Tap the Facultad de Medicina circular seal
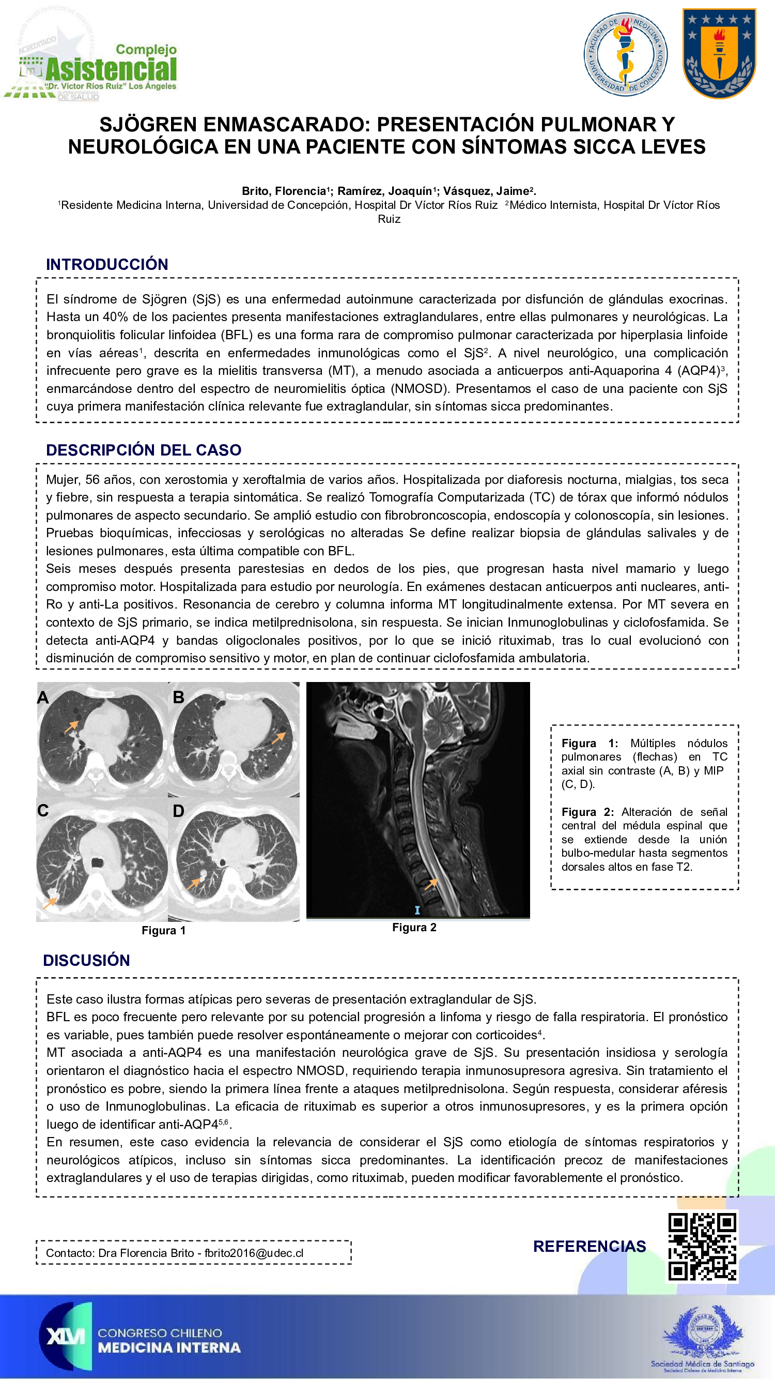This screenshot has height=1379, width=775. click(625, 55)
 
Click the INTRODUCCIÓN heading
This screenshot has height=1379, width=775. click(107, 264)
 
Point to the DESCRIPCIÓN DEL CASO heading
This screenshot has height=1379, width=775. click(143, 450)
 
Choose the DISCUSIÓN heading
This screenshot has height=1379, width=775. click(87, 960)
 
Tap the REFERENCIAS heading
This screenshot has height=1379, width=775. click(590, 1246)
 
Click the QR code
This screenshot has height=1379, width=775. click(702, 1246)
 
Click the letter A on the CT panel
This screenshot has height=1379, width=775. click(43, 698)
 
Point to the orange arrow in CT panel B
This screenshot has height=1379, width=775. click(278, 738)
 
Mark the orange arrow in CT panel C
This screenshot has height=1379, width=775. click(50, 903)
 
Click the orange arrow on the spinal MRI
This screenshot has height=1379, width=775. click(431, 884)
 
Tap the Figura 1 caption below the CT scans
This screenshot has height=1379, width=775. click(164, 930)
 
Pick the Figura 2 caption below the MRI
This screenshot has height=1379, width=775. click(414, 927)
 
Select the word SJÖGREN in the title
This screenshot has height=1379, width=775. click(148, 125)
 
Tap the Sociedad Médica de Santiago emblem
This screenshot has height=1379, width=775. click(702, 1333)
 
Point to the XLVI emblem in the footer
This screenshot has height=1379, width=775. click(65, 1336)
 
